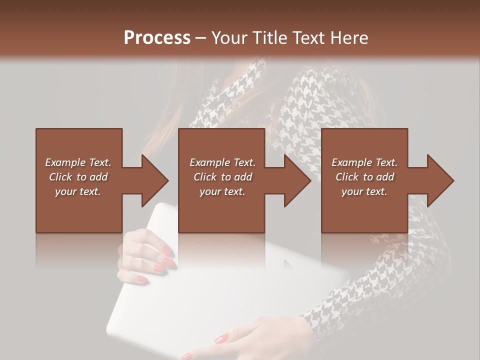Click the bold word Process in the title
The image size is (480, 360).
pyautogui.click(x=157, y=38)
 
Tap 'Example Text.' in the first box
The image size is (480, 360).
pyautogui.click(x=78, y=162)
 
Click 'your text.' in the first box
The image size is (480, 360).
pyautogui.click(x=78, y=191)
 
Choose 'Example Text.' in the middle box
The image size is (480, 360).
pyautogui.click(x=222, y=162)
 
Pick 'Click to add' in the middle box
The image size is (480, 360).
pyautogui.click(x=222, y=177)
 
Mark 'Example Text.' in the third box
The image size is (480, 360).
pyautogui.click(x=364, y=162)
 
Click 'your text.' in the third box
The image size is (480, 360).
pyautogui.click(x=364, y=191)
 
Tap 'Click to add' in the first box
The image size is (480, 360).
pyautogui.click(x=78, y=177)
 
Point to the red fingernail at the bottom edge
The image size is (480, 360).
pyautogui.click(x=187, y=356)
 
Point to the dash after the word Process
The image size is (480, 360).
pyautogui.click(x=201, y=38)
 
